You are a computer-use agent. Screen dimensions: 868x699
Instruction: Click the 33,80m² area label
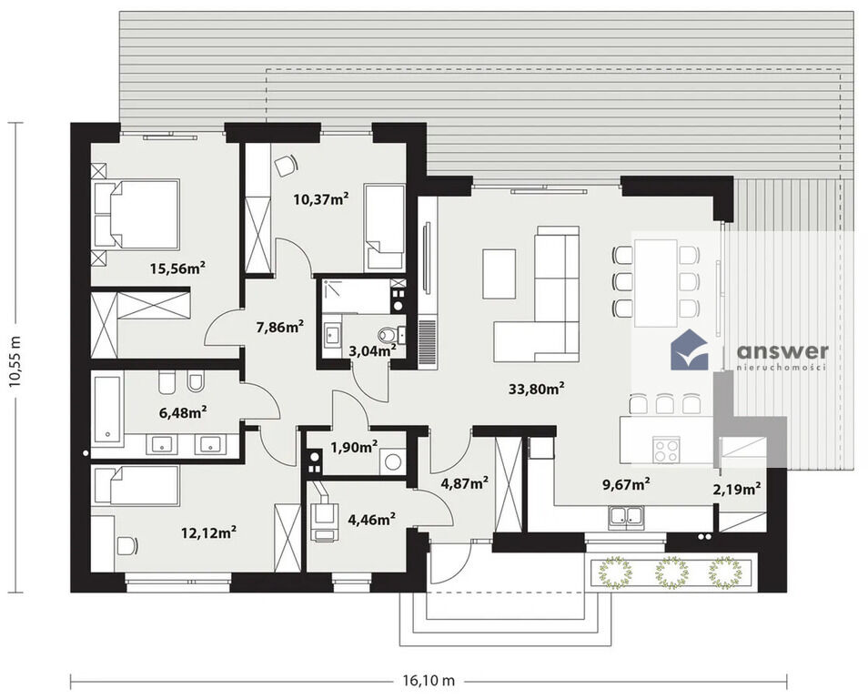click(537, 389)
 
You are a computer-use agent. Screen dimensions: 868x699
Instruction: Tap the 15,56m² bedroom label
click(177, 268)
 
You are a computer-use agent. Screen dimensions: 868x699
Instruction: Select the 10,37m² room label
click(321, 198)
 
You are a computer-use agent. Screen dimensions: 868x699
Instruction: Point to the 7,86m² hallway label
click(279, 327)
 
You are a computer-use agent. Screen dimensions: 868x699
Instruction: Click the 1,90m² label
click(354, 446)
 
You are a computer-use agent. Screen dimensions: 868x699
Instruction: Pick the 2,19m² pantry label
click(736, 489)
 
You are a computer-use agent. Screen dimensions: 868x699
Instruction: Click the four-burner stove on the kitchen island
click(666, 450)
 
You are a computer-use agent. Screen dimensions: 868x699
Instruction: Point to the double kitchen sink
click(626, 517)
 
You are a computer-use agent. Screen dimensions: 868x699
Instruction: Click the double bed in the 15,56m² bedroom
click(136, 214)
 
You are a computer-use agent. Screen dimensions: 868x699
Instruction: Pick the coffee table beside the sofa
click(500, 274)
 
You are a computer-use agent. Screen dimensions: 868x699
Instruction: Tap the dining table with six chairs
click(656, 283)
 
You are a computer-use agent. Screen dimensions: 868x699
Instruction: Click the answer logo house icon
click(689, 350)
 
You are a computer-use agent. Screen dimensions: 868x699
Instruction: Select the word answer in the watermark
click(782, 351)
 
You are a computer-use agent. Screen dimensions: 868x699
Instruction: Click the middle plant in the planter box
click(671, 573)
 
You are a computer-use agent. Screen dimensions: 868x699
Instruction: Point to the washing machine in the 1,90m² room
click(392, 462)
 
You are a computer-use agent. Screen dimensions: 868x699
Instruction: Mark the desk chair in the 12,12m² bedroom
click(127, 546)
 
